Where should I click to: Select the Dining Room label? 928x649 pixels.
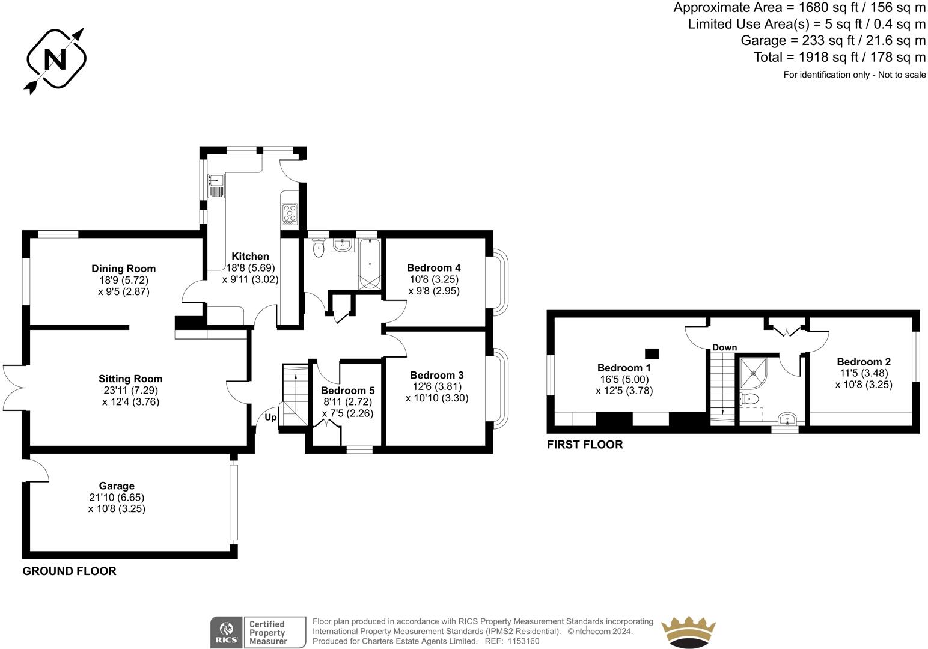(123, 269)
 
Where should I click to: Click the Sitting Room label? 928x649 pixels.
(130, 379)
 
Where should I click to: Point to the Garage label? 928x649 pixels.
(117, 486)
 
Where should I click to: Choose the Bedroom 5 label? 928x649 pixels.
(347, 391)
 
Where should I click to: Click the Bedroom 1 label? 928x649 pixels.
(624, 368)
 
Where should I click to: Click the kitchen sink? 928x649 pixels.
(215, 179)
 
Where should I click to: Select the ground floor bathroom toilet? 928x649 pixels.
(319, 247)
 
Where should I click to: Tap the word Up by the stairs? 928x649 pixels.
(270, 417)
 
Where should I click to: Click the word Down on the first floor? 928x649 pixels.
(724, 347)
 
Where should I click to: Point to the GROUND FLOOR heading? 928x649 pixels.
(69, 571)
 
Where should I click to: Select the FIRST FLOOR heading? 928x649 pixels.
(584, 445)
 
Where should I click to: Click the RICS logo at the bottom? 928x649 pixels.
(225, 633)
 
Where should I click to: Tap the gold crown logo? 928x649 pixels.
(688, 633)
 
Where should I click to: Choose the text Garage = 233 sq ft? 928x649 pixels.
(793, 40)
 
